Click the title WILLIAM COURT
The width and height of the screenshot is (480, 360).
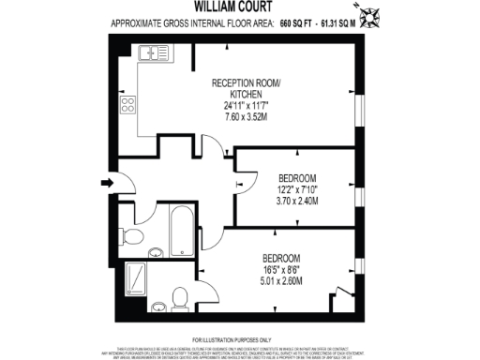click(x=239, y=6)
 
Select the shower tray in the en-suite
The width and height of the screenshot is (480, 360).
click(x=136, y=278)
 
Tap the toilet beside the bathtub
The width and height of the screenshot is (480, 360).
click(x=133, y=235)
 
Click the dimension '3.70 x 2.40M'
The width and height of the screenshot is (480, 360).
click(x=297, y=201)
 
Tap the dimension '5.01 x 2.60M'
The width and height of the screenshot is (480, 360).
click(x=280, y=280)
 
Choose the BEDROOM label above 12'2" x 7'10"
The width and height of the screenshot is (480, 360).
click(x=297, y=178)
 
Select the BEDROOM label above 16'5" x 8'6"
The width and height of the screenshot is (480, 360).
click(x=280, y=258)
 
